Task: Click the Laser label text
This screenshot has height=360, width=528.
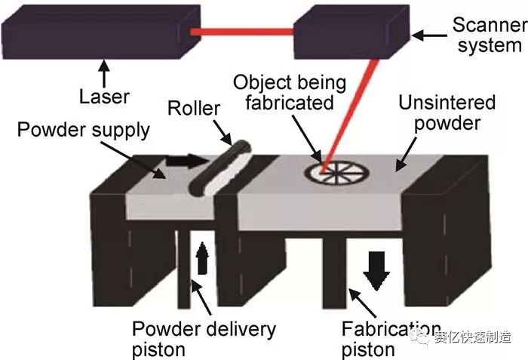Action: tap(104, 97)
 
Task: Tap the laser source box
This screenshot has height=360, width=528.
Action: tap(99, 32)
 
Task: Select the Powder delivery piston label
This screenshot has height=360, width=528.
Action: tap(204, 339)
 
